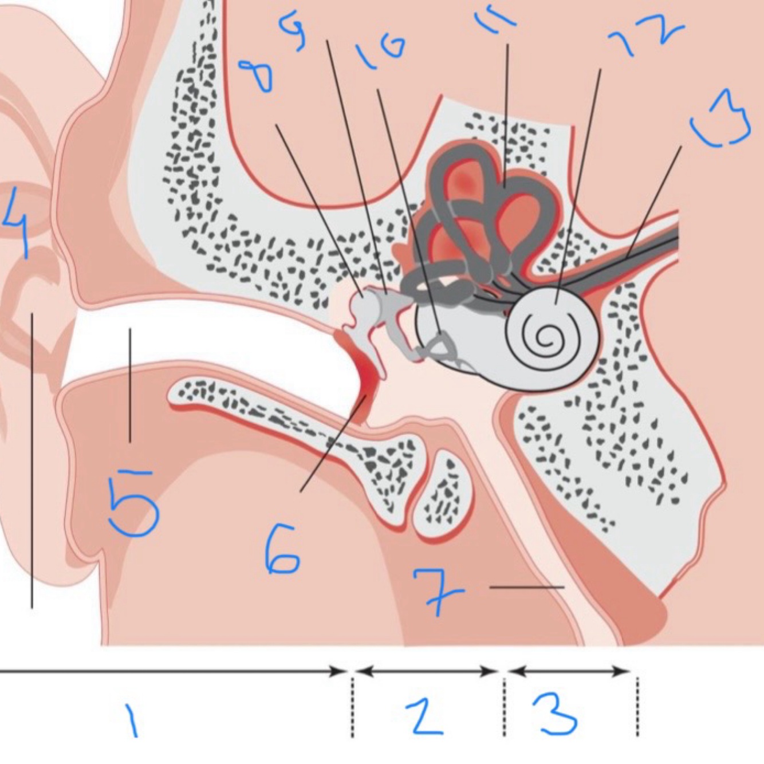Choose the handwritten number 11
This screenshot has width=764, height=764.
pyautogui.click(x=495, y=19)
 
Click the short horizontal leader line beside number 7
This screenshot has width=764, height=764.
pyautogui.click(x=527, y=587)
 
